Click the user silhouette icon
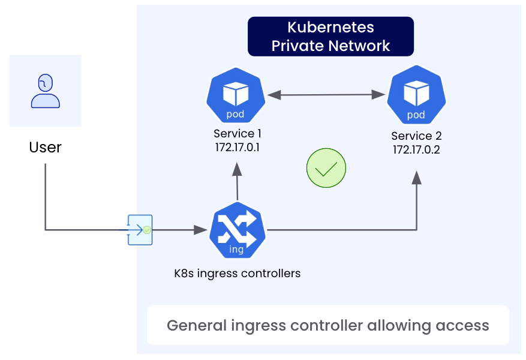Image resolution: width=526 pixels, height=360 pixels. click(x=46, y=91)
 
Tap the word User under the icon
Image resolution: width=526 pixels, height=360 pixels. click(x=46, y=147)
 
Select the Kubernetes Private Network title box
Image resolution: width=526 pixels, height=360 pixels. click(x=330, y=36)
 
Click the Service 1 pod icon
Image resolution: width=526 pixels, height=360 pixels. click(x=236, y=97)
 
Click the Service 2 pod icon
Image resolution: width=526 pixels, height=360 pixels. click(x=416, y=97)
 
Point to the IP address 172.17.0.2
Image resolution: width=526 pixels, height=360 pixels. click(x=416, y=149)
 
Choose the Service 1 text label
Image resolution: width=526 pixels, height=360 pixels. click(x=238, y=134)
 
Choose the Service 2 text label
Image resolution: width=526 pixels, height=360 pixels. click(x=416, y=136)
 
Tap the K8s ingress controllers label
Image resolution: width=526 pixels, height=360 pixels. click(x=238, y=274)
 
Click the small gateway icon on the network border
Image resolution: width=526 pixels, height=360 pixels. click(x=140, y=229)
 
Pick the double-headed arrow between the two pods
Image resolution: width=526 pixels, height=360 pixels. click(x=326, y=94)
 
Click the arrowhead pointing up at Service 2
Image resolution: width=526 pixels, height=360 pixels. click(x=417, y=178)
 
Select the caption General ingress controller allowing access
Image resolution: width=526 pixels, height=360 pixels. click(x=327, y=326)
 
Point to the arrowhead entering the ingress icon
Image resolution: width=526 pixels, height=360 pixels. click(x=201, y=229)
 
